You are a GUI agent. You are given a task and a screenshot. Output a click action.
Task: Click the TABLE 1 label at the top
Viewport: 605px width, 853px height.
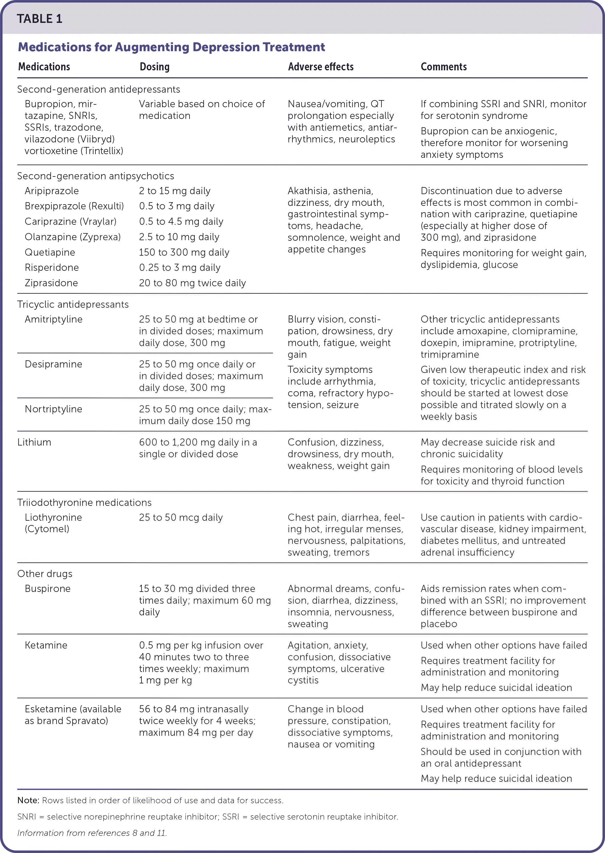coord(39,19)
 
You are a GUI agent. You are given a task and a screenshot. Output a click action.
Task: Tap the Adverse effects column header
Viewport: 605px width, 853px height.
coord(321,67)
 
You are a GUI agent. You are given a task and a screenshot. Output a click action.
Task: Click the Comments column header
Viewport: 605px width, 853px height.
coord(443,67)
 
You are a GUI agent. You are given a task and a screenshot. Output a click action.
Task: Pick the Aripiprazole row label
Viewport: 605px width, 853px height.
coord(51,191)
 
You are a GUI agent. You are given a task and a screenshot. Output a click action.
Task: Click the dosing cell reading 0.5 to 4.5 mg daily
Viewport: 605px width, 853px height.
coord(181,221)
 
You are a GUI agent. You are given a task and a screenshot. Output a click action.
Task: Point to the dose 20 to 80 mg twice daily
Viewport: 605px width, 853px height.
coord(192,283)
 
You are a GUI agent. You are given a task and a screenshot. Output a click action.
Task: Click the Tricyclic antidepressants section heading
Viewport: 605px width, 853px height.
coord(73,304)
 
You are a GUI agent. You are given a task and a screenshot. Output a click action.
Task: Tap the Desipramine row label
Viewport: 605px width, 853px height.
coord(53,364)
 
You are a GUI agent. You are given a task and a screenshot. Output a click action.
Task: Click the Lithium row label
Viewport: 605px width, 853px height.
coord(34,442)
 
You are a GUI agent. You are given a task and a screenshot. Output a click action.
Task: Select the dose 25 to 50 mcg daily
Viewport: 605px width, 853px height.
coord(180,517)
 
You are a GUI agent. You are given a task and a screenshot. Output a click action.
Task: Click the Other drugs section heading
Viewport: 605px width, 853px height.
coord(45,574)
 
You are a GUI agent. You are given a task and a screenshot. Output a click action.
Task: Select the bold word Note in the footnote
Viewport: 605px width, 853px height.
coord(28,800)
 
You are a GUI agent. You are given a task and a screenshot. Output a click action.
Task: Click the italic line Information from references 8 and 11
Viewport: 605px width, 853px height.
coord(92,833)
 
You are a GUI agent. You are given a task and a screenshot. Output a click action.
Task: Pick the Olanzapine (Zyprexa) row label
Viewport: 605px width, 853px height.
coord(72,237)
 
